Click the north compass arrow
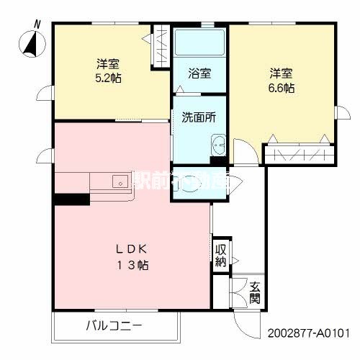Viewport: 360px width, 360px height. pos(30,44)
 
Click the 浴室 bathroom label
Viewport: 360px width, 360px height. pos(199,73)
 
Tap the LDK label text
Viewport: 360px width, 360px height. pos(135,249)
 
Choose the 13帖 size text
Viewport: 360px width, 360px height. pos(135,265)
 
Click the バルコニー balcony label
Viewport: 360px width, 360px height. pos(115,326)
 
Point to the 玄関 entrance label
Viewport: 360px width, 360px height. pos(255,292)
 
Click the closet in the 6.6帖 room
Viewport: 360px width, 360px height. pos(298,154)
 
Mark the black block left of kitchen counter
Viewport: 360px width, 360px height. pos(71,199)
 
